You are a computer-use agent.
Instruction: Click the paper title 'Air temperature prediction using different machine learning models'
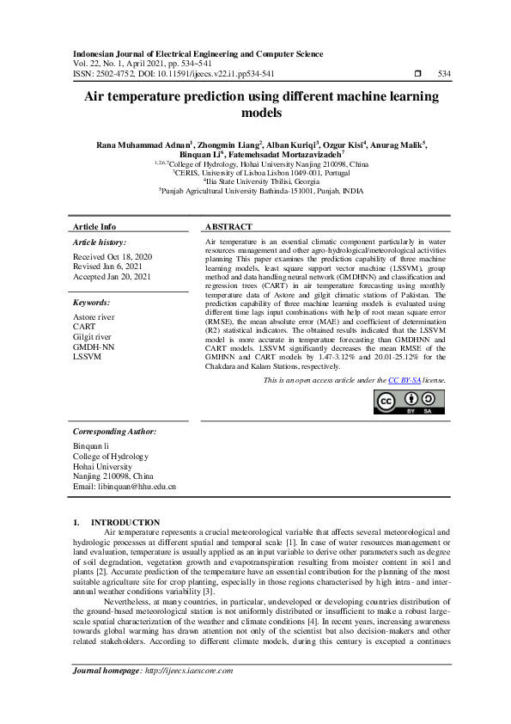pyautogui.click(x=255, y=105)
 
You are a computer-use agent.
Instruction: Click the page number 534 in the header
pyautogui.click(x=444, y=74)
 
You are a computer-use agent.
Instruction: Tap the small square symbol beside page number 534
pyautogui.click(x=417, y=74)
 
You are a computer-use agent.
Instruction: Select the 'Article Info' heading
pyautogui.click(x=94, y=227)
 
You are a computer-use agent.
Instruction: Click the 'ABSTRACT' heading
pyautogui.click(x=229, y=227)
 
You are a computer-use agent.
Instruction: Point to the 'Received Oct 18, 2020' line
pyautogui.click(x=113, y=257)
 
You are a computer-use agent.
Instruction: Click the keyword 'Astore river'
pyautogui.click(x=94, y=317)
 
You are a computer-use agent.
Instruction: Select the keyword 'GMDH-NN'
pyautogui.click(x=93, y=346)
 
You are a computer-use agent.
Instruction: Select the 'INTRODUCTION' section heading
pyautogui.click(x=125, y=522)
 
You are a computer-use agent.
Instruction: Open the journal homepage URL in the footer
pyautogui.click(x=190, y=671)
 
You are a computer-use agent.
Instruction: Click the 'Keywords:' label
pyautogui.click(x=91, y=303)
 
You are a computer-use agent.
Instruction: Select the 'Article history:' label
pyautogui.click(x=100, y=243)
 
